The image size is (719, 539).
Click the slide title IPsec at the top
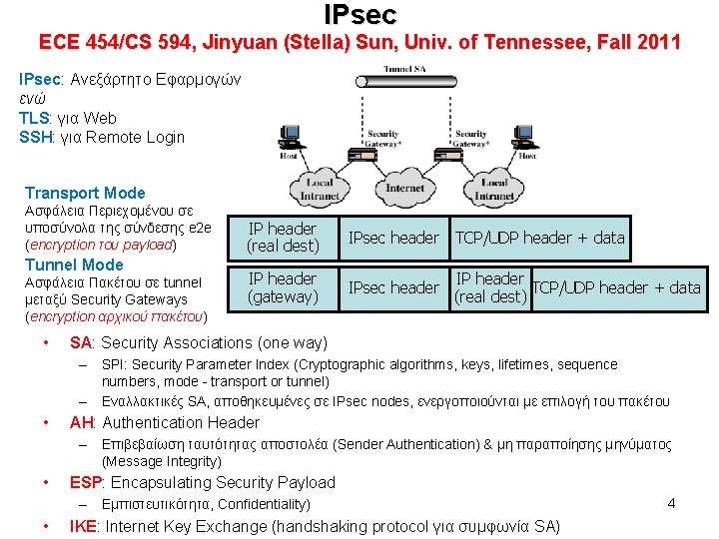[359, 14]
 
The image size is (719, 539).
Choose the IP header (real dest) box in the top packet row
[283, 238]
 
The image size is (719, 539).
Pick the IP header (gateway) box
[283, 287]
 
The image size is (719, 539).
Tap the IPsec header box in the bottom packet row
[392, 288]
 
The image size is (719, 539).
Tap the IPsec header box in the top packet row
[392, 238]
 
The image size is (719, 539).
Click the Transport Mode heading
[85, 193]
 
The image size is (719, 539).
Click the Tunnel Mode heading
[74, 265]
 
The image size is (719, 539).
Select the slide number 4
[671, 503]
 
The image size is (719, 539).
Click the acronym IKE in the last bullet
[84, 526]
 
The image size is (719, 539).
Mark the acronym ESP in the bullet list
[85, 482]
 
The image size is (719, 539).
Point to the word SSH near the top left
[36, 137]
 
